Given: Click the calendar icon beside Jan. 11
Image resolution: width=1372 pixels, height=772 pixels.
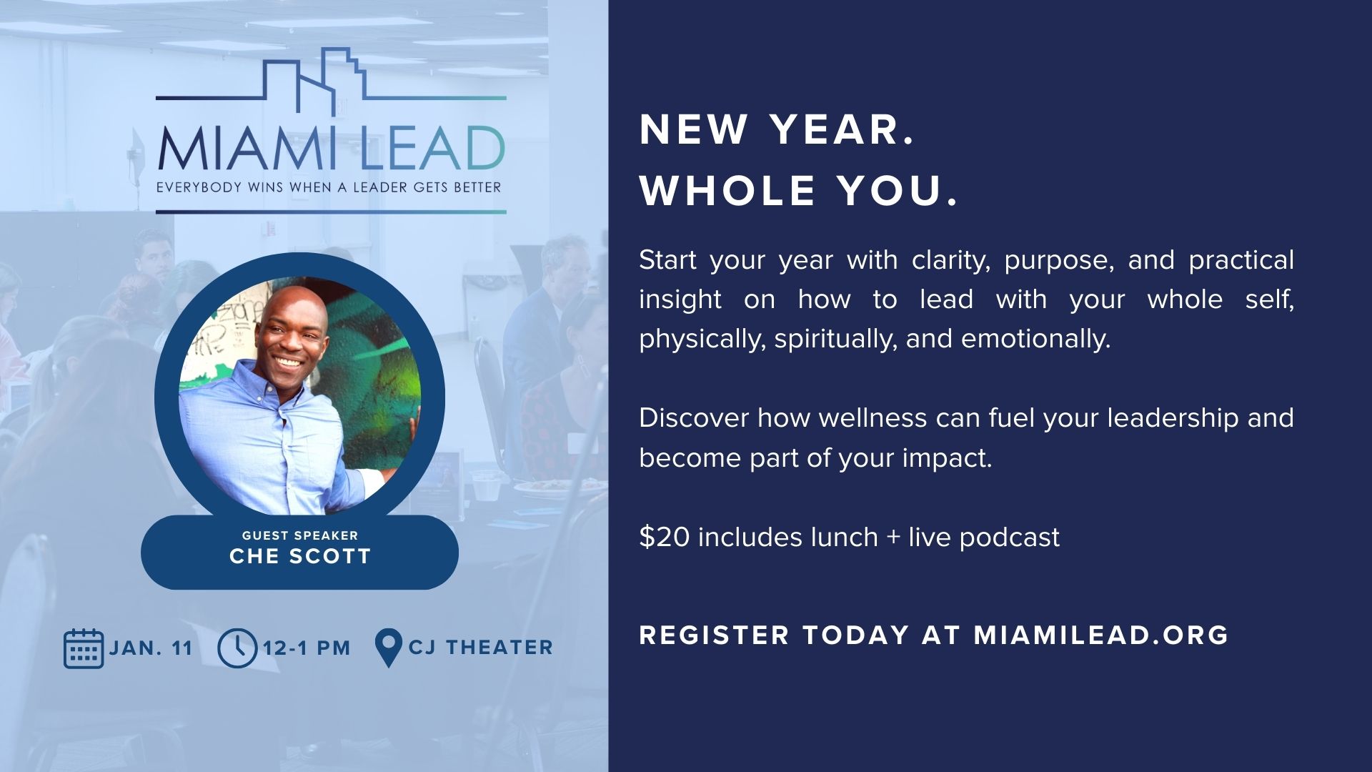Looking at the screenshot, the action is pyautogui.click(x=84, y=648).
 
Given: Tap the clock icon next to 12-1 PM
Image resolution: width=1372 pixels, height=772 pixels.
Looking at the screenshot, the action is pyautogui.click(x=237, y=648).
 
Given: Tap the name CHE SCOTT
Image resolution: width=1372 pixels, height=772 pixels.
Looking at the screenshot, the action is pyautogui.click(x=300, y=556).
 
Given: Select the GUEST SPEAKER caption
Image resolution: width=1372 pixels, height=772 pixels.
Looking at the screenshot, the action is pyautogui.click(x=300, y=535).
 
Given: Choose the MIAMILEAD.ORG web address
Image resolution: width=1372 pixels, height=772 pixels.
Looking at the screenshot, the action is pyautogui.click(x=1101, y=635).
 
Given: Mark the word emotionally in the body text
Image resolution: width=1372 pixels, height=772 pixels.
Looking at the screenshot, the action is pyautogui.click(x=1036, y=339).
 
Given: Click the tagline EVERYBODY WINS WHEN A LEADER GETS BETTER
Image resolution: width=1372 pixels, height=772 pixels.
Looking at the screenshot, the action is pyautogui.click(x=329, y=188).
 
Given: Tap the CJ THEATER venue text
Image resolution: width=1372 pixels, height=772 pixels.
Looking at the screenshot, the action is pyautogui.click(x=481, y=648).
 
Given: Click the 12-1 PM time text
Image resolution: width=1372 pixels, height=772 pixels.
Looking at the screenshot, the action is pyautogui.click(x=307, y=648).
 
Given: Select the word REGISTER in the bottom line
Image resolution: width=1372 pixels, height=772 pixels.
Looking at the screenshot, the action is pyautogui.click(x=715, y=635).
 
